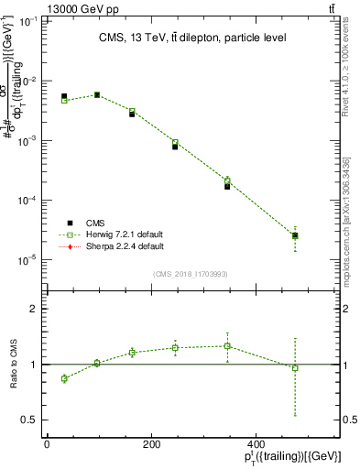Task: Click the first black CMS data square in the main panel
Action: [x=64, y=96]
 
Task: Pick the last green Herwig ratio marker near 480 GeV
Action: [x=295, y=368]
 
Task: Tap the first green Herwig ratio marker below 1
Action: [x=64, y=378]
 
